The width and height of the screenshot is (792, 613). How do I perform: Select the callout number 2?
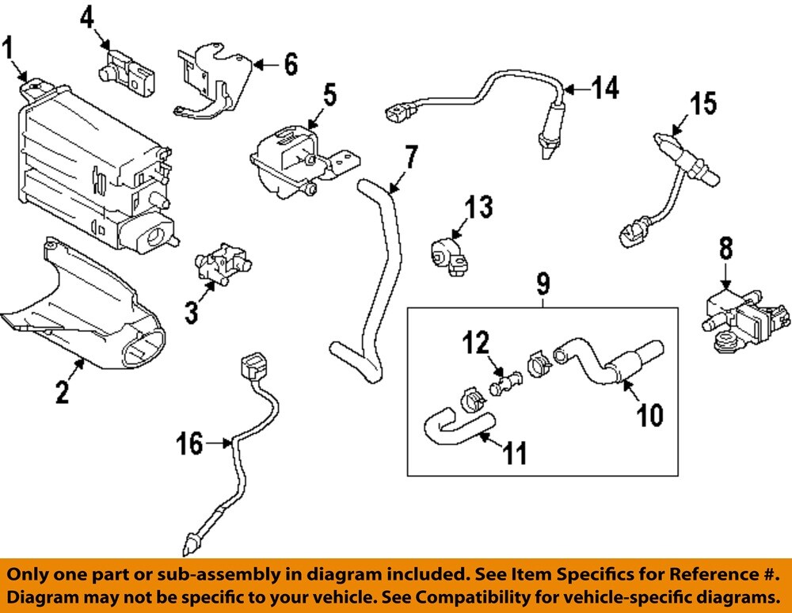pyautogui.click(x=63, y=391)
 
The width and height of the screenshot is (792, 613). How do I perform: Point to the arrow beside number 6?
pyautogui.click(x=264, y=63)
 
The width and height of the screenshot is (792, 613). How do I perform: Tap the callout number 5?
pyautogui.click(x=329, y=94)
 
